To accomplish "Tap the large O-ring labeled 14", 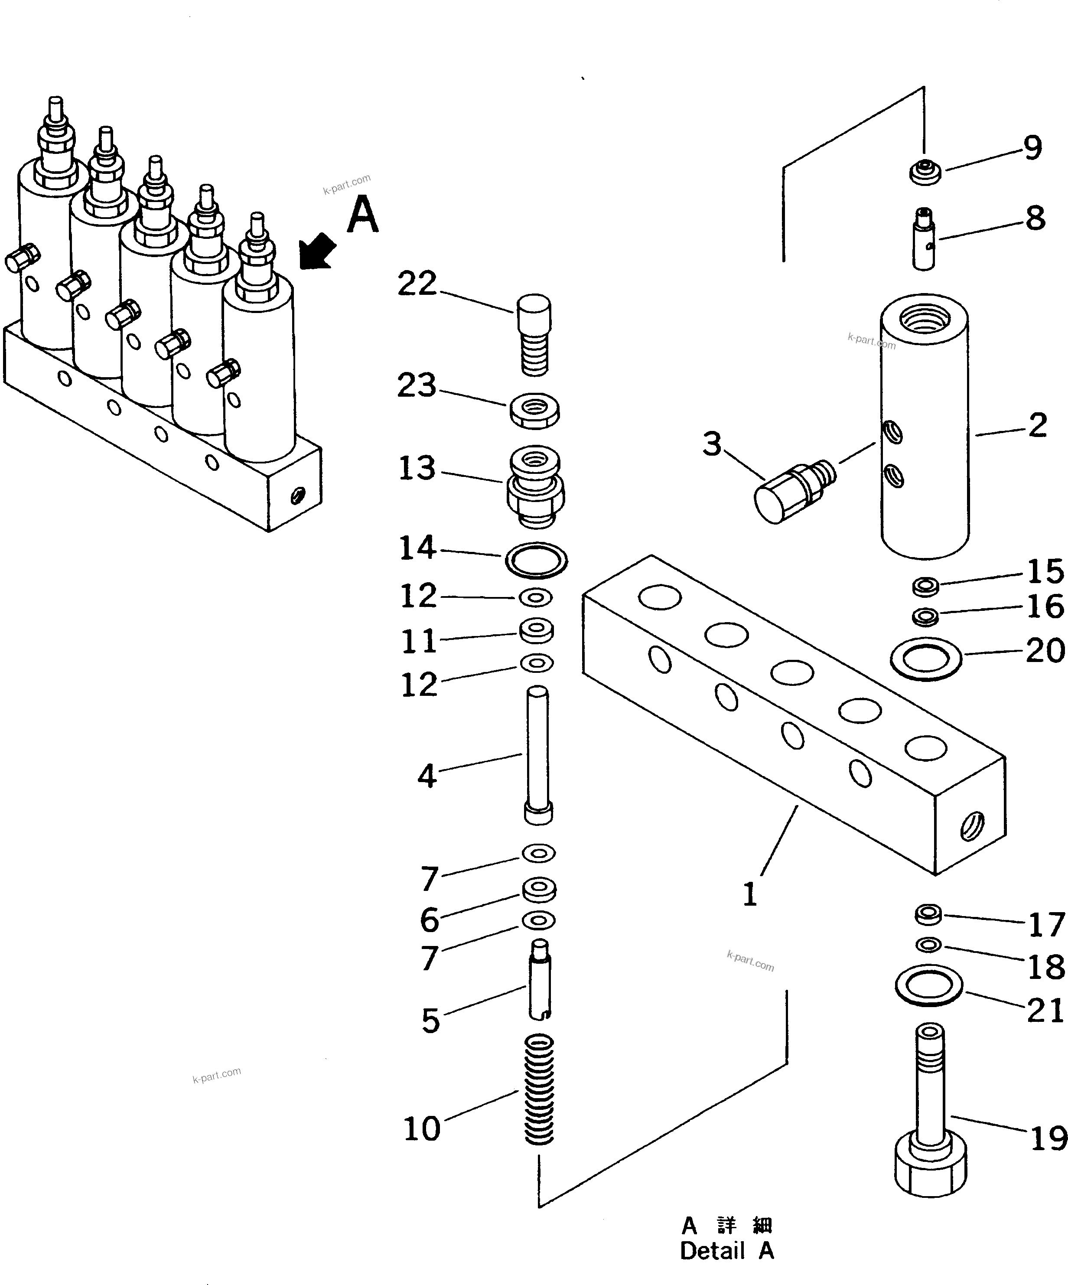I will click(x=536, y=559).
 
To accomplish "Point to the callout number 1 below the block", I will click(x=750, y=895).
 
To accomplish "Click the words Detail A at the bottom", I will click(x=727, y=1251).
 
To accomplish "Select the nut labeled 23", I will click(x=534, y=411).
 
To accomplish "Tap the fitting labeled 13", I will click(x=535, y=486).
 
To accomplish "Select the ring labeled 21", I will click(x=928, y=986).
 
